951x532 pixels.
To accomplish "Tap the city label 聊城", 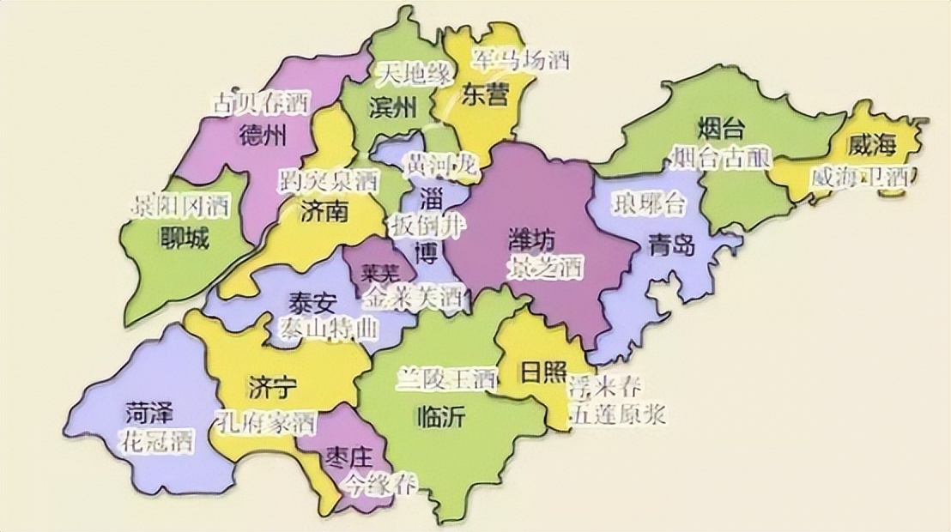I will point(184,238).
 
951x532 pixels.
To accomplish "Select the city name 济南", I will point(324,211).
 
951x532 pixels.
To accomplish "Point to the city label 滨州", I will point(391,108).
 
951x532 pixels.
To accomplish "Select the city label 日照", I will point(542,372).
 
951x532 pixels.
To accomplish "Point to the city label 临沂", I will point(439,417).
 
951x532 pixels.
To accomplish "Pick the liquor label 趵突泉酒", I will point(328,181).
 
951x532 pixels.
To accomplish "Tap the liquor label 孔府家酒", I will point(264,422).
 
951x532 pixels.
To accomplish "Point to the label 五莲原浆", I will point(617,413).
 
